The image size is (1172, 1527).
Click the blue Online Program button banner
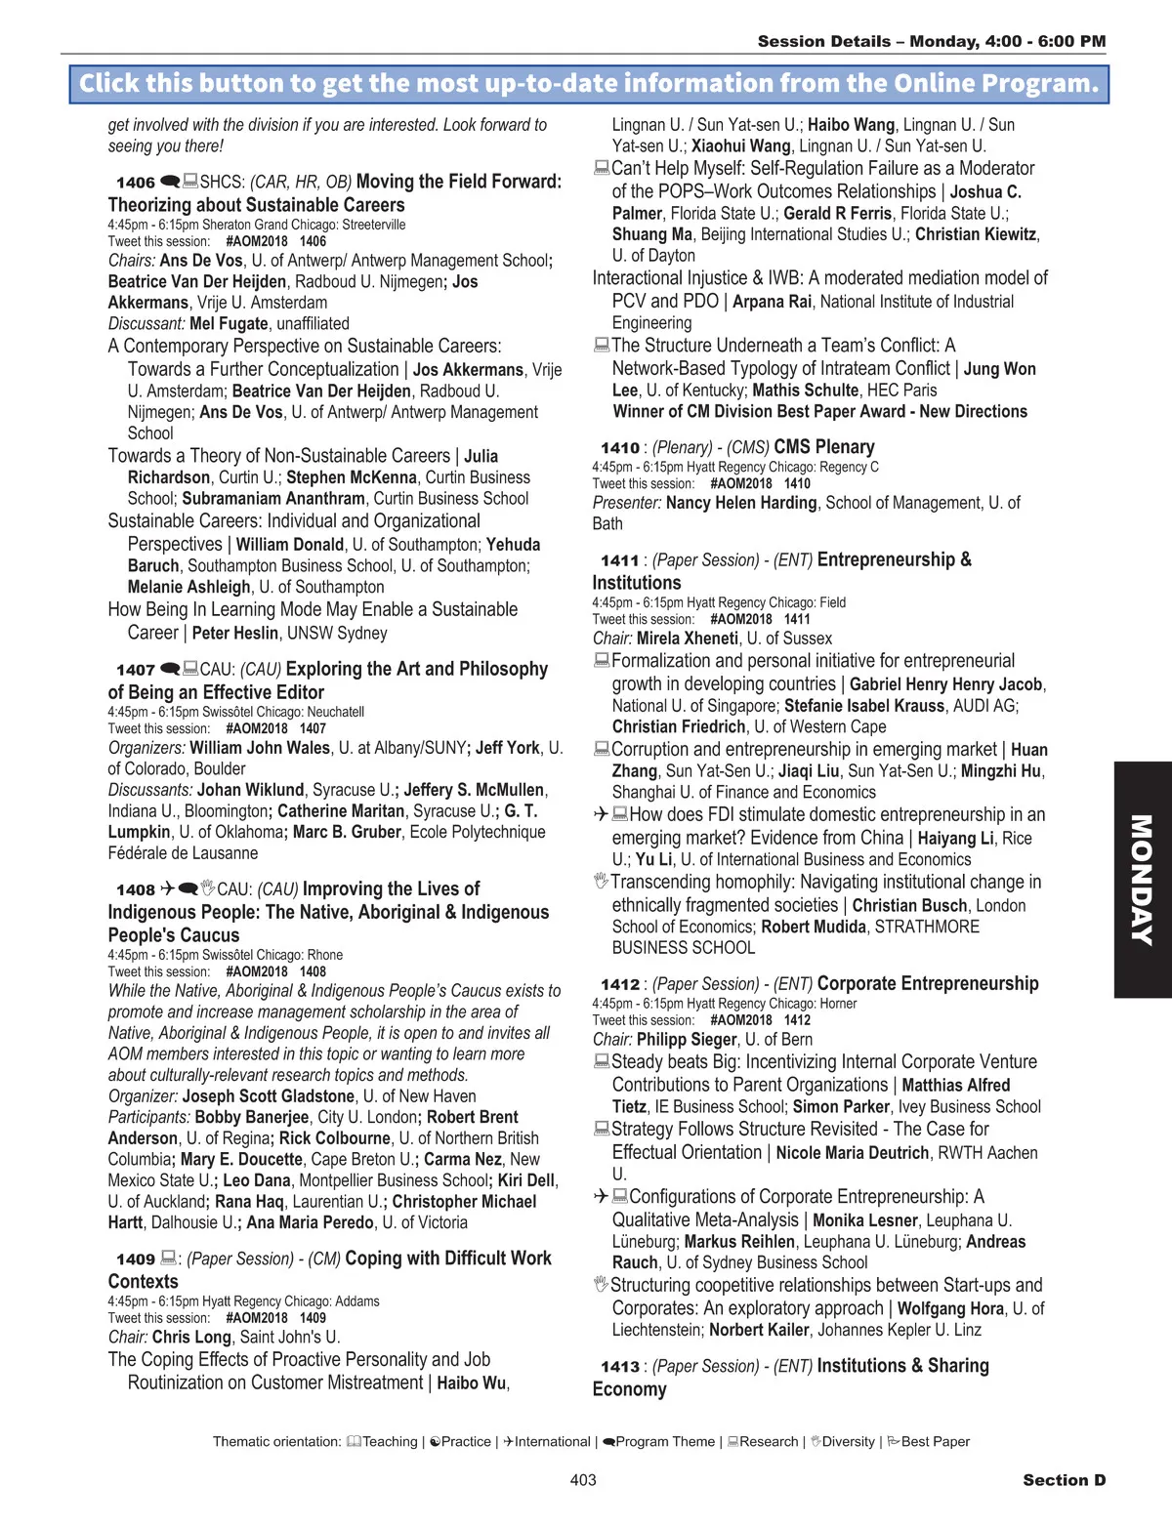(x=588, y=84)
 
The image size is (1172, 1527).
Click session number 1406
(x=135, y=183)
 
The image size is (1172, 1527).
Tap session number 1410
(x=619, y=448)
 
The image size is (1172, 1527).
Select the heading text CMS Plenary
(x=823, y=447)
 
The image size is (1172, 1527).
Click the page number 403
(x=583, y=1480)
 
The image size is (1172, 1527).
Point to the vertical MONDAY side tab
(x=1142, y=879)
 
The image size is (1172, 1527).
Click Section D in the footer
(x=1064, y=1480)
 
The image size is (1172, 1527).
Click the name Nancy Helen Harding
(x=741, y=503)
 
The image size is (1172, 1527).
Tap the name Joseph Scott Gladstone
(x=269, y=1096)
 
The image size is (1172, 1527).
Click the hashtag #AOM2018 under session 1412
(x=740, y=1020)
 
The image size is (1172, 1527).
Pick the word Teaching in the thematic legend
(x=390, y=1442)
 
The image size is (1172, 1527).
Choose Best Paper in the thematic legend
(x=935, y=1442)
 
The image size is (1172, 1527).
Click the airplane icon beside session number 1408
(x=167, y=888)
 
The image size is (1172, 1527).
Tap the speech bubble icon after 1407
(x=169, y=669)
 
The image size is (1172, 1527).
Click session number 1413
(x=619, y=1367)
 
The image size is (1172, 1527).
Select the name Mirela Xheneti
(x=688, y=639)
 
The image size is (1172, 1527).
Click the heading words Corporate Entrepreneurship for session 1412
(x=928, y=983)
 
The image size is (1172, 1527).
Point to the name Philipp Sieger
(x=687, y=1040)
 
